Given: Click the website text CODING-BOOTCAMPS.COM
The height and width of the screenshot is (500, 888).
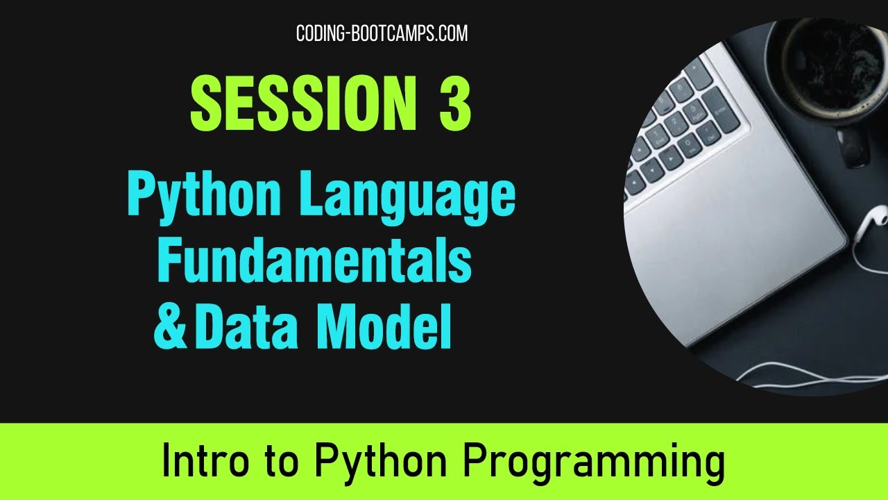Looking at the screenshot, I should pyautogui.click(x=382, y=33).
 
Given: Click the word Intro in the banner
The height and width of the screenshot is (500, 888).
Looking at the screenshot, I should pyautogui.click(x=204, y=462).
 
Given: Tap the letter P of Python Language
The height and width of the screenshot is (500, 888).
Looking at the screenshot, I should pyautogui.click(x=142, y=197).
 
